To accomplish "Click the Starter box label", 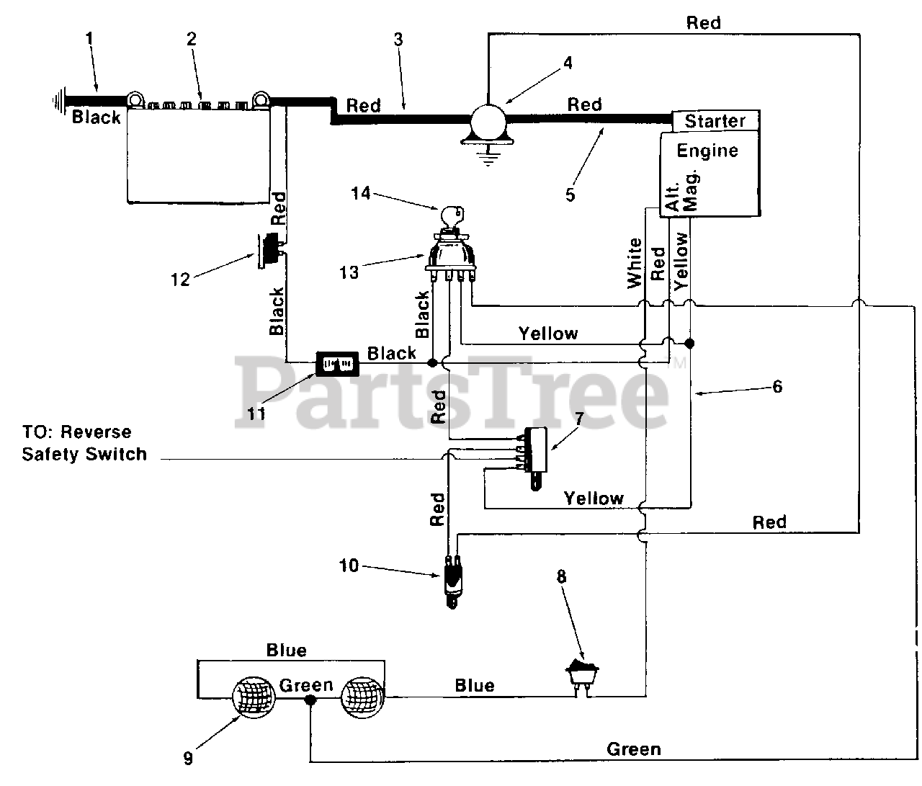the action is click(715, 121).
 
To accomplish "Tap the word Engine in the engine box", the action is click(707, 151).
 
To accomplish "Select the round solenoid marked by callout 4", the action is click(488, 121).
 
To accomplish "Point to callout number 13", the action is click(349, 272).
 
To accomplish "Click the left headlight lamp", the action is click(254, 697).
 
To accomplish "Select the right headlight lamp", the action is click(362, 697).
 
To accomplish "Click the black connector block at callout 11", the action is click(337, 364).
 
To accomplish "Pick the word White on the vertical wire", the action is click(635, 263).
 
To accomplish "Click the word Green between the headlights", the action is click(306, 685).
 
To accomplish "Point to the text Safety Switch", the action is click(84, 454).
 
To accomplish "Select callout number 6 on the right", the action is click(777, 386).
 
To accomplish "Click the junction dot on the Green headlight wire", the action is click(310, 700).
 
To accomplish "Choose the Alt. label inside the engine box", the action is click(672, 195).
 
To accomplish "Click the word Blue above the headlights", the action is click(287, 651).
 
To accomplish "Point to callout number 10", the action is click(349, 566).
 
